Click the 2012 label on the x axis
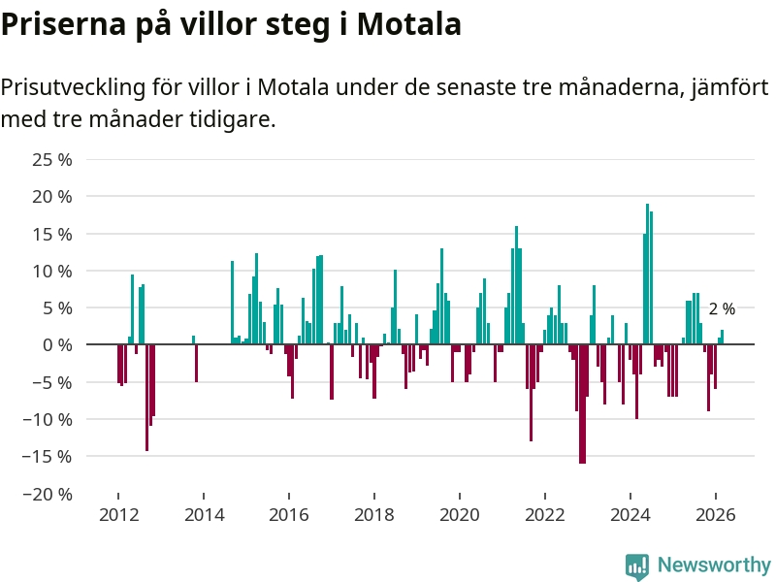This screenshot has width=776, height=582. (117, 515)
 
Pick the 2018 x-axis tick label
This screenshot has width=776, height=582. (374, 515)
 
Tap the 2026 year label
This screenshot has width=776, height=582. (716, 515)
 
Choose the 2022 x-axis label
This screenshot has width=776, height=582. (545, 515)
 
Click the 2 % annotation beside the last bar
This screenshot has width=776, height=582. (722, 309)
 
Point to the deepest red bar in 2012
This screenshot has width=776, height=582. (146, 398)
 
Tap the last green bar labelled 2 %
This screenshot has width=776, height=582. (722, 337)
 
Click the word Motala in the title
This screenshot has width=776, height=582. (409, 24)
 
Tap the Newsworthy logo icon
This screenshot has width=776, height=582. (637, 566)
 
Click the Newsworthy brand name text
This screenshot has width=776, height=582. (714, 566)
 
